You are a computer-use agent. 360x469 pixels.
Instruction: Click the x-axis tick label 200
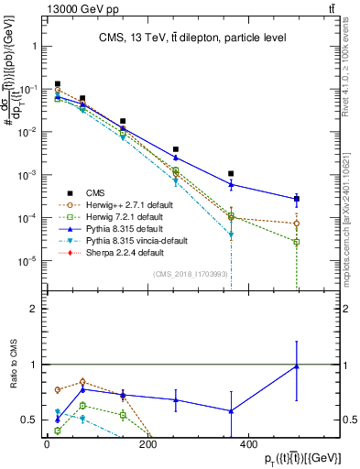tap(147, 445)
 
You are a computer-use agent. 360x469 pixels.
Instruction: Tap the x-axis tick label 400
tap(246, 445)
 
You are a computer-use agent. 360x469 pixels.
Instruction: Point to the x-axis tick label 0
tap(47, 445)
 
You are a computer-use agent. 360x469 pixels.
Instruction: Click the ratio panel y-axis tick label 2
tap(32, 309)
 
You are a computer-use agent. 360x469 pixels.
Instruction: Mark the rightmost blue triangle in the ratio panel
tap(296, 366)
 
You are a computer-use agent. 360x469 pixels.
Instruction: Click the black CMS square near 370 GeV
tap(232, 173)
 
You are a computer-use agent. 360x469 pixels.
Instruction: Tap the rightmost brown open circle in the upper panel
tap(296, 224)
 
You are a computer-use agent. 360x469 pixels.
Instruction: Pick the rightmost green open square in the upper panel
tap(296, 242)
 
